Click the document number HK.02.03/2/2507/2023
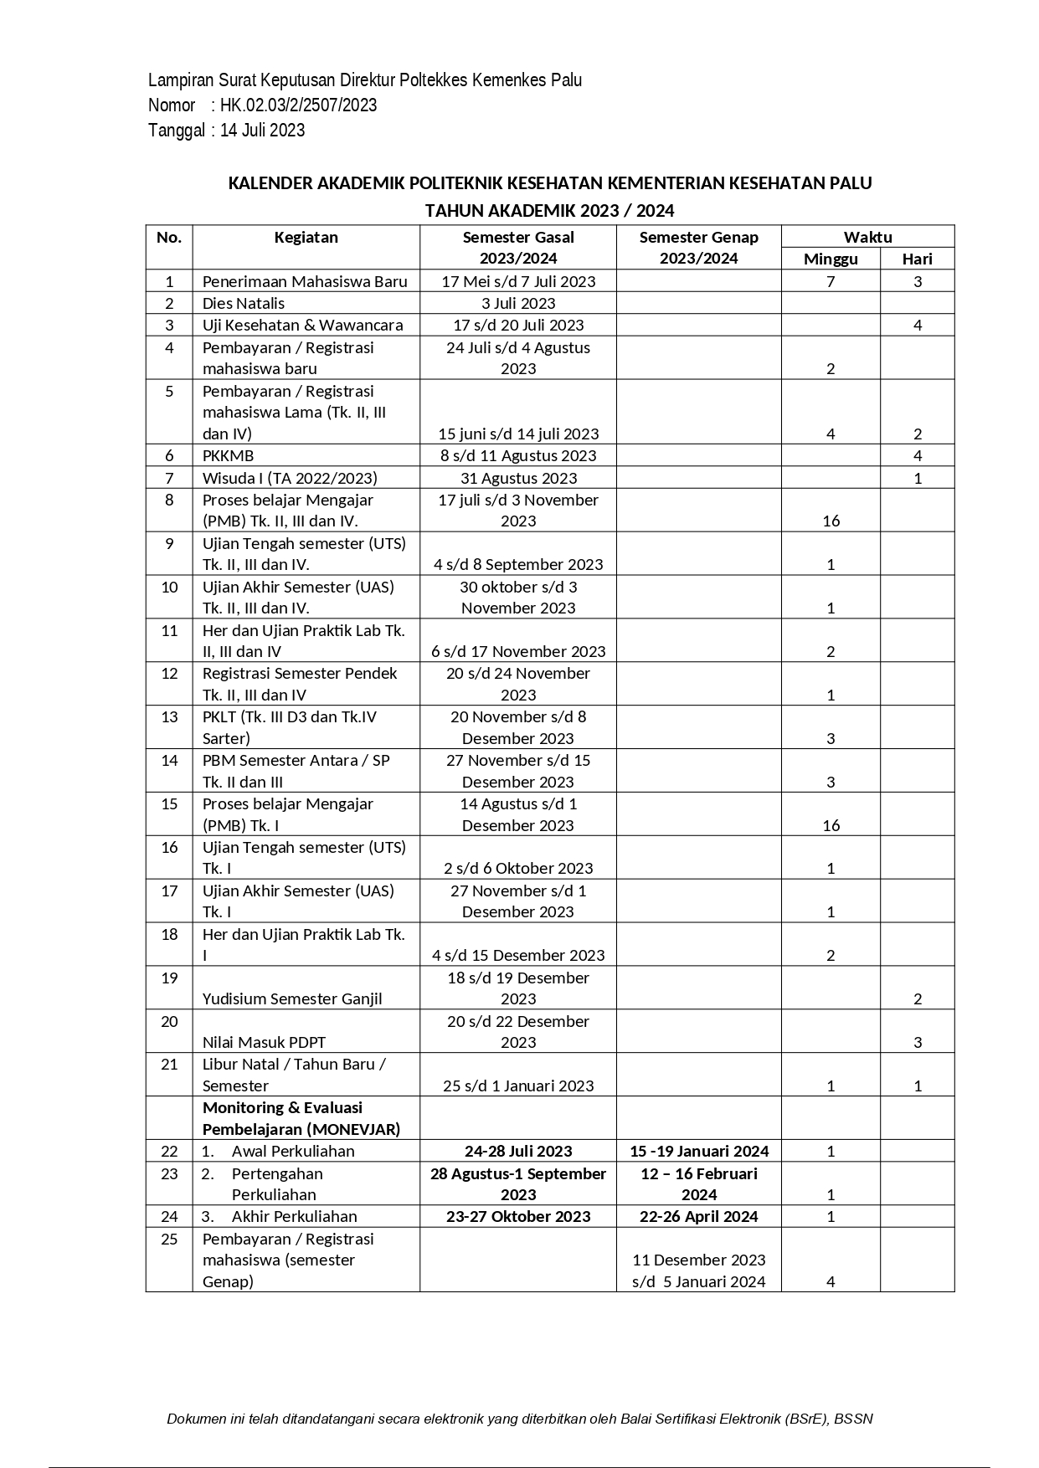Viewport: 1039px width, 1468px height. tap(298, 105)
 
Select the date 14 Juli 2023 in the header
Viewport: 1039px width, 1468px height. tap(262, 131)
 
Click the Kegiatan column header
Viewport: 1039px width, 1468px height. tap(306, 238)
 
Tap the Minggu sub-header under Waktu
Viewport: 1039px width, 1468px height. tap(831, 259)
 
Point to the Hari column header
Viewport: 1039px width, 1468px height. tap(917, 259)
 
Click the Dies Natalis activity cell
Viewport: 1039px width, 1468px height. tap(244, 304)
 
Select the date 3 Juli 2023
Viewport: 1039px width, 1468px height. tap(518, 304)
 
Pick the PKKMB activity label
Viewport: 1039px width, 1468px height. tap(228, 456)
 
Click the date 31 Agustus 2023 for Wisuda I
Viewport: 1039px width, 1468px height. tap(518, 479)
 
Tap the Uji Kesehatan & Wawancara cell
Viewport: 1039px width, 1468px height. tap(302, 326)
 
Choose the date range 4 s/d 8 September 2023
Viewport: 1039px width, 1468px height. tap(518, 565)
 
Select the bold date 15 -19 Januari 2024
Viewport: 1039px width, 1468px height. tap(699, 1152)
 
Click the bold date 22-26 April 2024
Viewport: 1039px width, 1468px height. tap(699, 1217)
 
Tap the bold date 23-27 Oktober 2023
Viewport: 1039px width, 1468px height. tap(518, 1217)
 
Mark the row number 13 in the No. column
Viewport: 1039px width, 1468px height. tap(169, 717)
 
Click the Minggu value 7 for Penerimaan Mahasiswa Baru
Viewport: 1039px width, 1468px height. tap(831, 282)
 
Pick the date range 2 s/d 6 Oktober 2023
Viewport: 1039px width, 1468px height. tap(518, 869)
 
